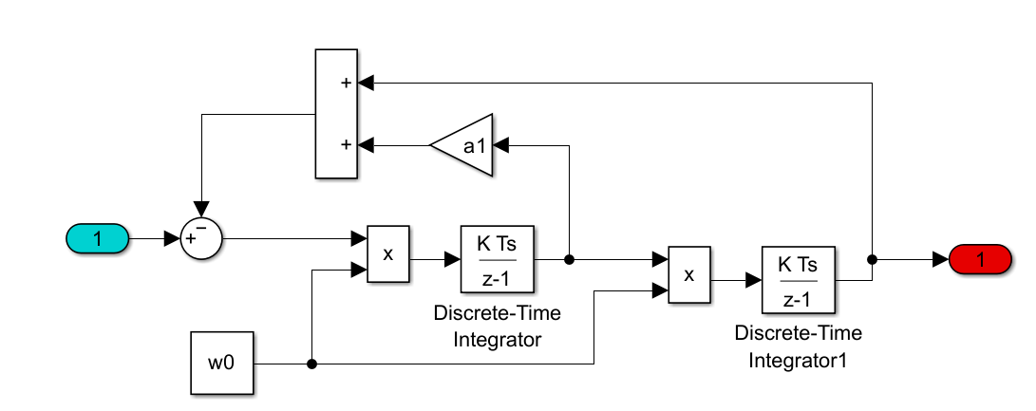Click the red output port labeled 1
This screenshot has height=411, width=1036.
(981, 258)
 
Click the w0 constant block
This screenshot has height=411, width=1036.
(222, 364)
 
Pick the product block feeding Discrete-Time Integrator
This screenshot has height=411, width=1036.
(388, 254)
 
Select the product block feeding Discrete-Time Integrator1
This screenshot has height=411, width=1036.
(689, 274)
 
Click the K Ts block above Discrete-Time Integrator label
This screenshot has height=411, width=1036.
(497, 258)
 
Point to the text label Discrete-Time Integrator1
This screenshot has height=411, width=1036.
(798, 346)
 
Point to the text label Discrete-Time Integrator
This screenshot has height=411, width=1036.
(497, 326)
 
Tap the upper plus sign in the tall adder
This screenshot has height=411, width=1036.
(346, 83)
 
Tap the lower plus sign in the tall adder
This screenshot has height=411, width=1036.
(346, 145)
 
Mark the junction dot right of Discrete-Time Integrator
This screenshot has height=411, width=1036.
(569, 258)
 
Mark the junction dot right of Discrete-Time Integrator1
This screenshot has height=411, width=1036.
(872, 258)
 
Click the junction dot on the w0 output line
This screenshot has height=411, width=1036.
(311, 364)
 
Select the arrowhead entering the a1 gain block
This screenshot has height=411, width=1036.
(502, 145)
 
